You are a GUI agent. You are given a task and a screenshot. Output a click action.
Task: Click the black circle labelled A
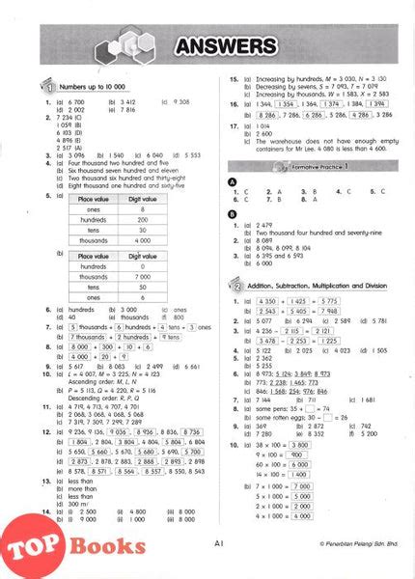[233, 181]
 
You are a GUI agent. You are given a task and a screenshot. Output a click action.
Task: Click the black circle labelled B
[233, 213]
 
